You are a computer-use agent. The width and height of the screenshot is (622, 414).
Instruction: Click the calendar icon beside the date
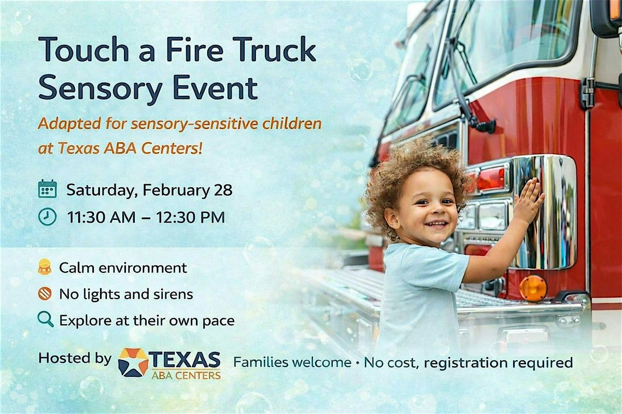pos(48,188)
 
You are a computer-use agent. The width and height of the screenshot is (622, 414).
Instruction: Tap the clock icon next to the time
pos(47,216)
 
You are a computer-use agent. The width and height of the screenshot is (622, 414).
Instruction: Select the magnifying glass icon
pos(46,319)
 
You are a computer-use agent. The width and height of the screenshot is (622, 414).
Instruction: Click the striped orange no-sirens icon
pos(45,293)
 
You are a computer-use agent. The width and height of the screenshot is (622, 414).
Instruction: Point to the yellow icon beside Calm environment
pos(45,267)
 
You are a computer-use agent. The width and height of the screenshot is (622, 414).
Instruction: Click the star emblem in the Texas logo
pos(133,362)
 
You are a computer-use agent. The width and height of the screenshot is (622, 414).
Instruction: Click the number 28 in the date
pos(223,190)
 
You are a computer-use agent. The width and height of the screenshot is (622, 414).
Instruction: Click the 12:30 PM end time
pos(190,217)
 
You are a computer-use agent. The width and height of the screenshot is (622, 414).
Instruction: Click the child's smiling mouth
pos(437,224)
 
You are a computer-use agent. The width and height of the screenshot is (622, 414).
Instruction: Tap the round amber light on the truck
pos(533,288)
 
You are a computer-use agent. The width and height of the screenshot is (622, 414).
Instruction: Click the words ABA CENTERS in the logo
pos(186,376)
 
